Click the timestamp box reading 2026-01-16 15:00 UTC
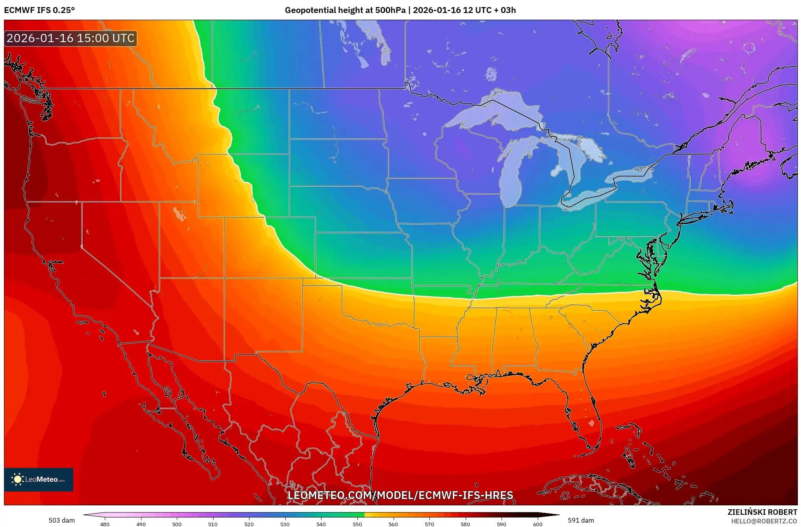pyautogui.click(x=71, y=38)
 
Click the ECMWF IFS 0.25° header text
pyautogui.click(x=39, y=10)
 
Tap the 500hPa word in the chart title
pyautogui.click(x=390, y=10)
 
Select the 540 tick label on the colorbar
pyautogui.click(x=321, y=524)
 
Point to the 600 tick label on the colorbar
pyautogui.click(x=537, y=524)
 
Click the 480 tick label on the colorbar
pyautogui.click(x=105, y=524)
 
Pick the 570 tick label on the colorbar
pyautogui.click(x=429, y=524)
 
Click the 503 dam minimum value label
pyautogui.click(x=61, y=520)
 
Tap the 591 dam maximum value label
pyautogui.click(x=580, y=520)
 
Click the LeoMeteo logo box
pyautogui.click(x=39, y=479)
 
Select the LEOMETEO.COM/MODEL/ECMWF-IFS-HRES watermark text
pyautogui.click(x=400, y=495)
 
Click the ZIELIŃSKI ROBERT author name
pyautogui.click(x=762, y=512)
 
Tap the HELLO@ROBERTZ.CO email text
pyautogui.click(x=764, y=521)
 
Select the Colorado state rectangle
pyautogui.click(x=269, y=247)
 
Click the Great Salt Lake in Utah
pyautogui.click(x=179, y=214)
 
